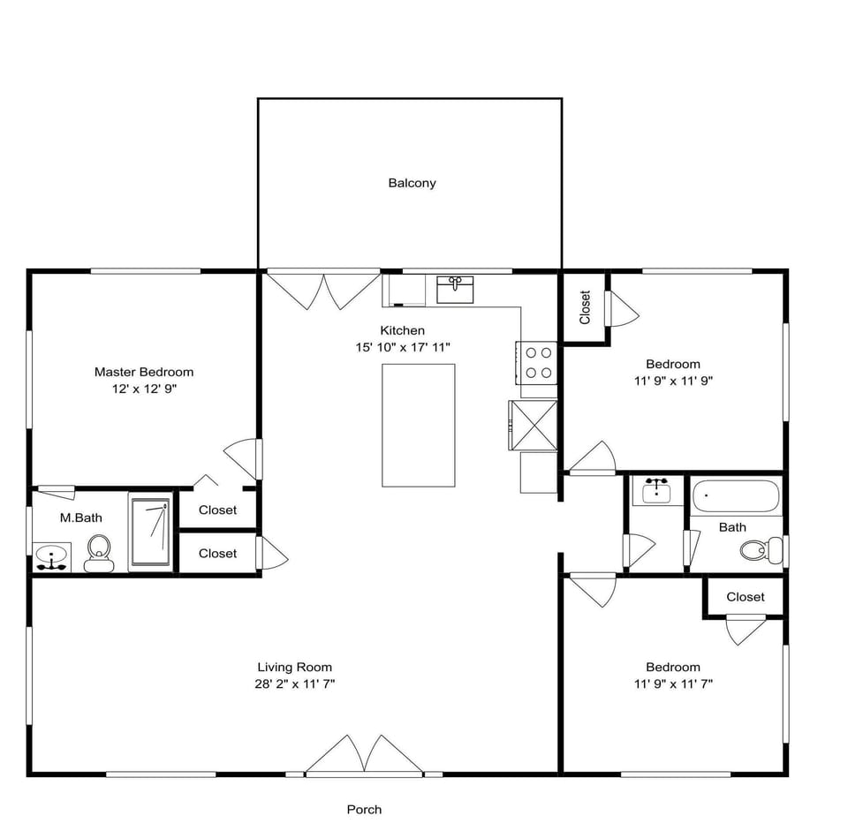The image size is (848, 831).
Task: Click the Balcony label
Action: pos(412,184)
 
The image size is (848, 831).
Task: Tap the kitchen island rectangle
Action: pos(418,425)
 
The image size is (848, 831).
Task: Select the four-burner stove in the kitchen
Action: pos(539,362)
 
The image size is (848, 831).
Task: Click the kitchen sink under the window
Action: pos(455,288)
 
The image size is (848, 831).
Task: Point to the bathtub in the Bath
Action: pos(736,496)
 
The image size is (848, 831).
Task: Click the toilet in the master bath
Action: pos(98,553)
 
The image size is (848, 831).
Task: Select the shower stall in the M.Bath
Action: pos(150,532)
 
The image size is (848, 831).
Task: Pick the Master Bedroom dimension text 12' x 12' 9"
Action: pos(144,389)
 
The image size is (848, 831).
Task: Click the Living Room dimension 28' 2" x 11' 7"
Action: pos(295,684)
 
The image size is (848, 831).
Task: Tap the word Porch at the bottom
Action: pos(364,809)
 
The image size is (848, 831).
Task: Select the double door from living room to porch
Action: pos(364,756)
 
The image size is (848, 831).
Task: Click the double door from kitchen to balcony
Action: pos(323,290)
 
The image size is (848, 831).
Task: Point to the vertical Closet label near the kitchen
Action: pos(585,307)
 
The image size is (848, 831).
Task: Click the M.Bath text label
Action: pos(80,518)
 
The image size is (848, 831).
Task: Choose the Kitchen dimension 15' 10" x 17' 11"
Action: pos(403,347)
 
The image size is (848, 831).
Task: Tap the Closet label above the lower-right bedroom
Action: pos(745,597)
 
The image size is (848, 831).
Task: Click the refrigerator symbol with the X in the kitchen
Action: pos(533,425)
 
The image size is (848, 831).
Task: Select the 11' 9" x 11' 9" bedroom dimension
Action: pos(673,381)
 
